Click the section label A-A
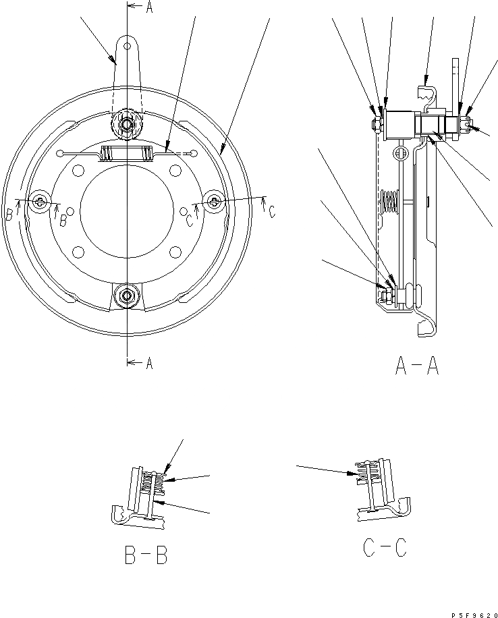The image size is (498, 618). coord(417,366)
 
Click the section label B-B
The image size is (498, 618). coord(146,555)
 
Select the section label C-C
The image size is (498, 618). coord(385,547)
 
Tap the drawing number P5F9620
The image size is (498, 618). coord(475,615)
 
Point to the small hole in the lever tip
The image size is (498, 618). coord(127,46)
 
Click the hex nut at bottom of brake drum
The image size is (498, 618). coord(127,295)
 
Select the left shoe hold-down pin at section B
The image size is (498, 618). coord(40,202)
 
